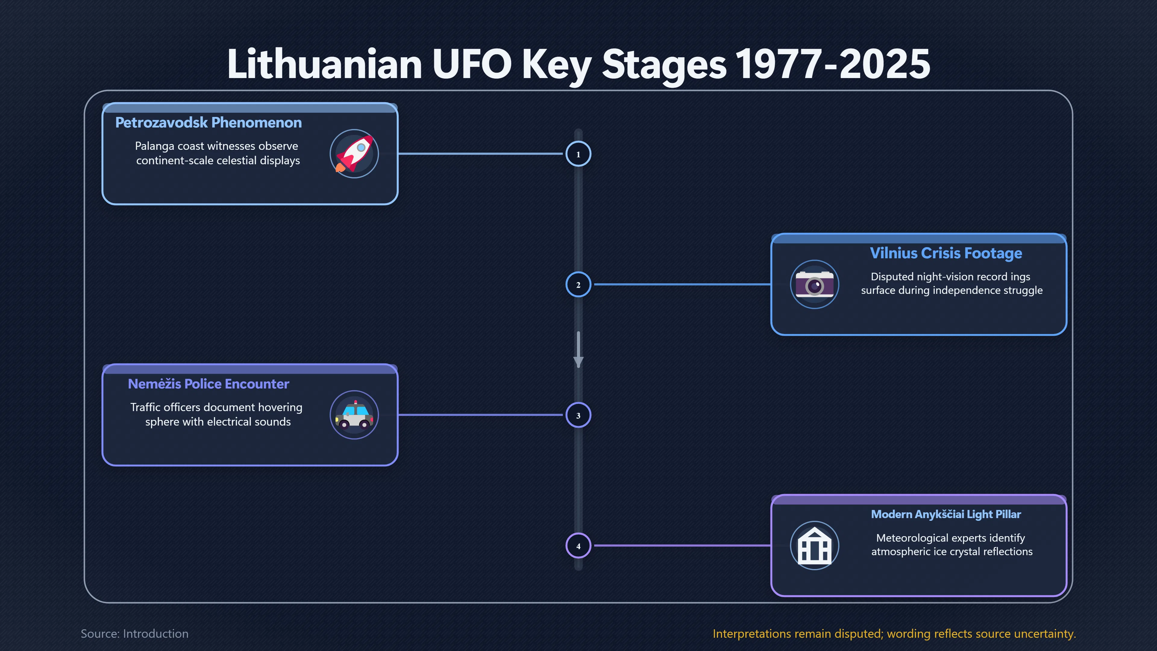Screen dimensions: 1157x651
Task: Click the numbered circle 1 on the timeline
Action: click(x=578, y=154)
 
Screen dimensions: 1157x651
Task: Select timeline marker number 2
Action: click(x=578, y=285)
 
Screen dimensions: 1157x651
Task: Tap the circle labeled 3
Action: click(x=578, y=415)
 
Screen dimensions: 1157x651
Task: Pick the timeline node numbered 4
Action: click(x=578, y=546)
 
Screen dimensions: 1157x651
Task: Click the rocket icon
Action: click(x=354, y=154)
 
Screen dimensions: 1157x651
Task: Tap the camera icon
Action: click(x=814, y=285)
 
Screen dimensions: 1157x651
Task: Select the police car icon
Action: click(x=354, y=415)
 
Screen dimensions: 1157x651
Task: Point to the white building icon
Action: click(x=814, y=546)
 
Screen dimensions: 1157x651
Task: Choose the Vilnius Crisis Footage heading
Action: click(x=946, y=253)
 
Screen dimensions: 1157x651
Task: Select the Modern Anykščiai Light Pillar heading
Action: click(x=946, y=514)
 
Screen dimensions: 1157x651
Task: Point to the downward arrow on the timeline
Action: click(x=578, y=350)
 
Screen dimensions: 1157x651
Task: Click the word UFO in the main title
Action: click(x=472, y=64)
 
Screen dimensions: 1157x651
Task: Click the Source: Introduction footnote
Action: click(x=135, y=634)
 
